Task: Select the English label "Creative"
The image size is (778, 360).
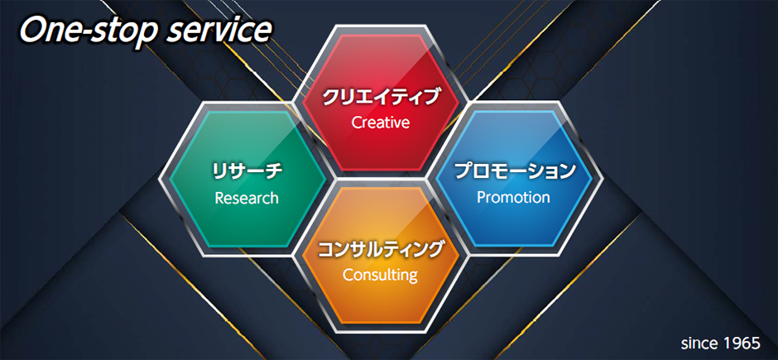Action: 381,122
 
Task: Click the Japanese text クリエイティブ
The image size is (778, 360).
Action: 381,97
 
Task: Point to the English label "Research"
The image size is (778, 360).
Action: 247,199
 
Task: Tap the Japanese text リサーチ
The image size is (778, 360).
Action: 247,172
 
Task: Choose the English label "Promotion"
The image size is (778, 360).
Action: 513,198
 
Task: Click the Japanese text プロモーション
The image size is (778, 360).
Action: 514,171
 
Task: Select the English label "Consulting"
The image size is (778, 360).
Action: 380,275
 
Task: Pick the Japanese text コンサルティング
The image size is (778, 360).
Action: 380,249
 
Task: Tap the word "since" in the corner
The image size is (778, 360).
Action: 699,343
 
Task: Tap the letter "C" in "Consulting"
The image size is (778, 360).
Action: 348,275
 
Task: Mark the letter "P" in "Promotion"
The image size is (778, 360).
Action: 482,197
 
